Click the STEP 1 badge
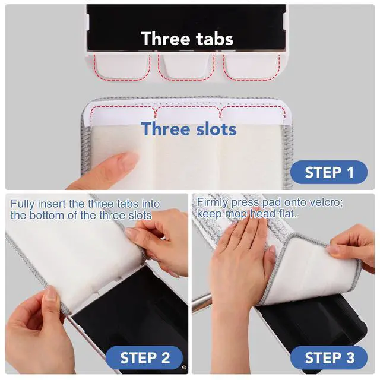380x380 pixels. coord(329,172)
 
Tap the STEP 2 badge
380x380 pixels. coord(144,357)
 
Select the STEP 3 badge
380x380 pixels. coord(329,357)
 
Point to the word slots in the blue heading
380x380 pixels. coord(216,129)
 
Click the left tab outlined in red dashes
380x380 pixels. coord(122,66)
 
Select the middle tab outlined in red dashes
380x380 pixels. coord(186,66)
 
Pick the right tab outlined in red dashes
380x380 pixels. coord(251,66)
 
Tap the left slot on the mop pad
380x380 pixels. coord(123,113)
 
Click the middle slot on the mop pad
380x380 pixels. coord(188,113)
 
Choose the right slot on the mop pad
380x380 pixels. coord(253,113)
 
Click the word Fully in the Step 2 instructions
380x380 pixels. coord(23,204)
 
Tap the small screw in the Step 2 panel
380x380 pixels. coord(184,368)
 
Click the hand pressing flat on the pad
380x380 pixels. coord(242,257)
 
